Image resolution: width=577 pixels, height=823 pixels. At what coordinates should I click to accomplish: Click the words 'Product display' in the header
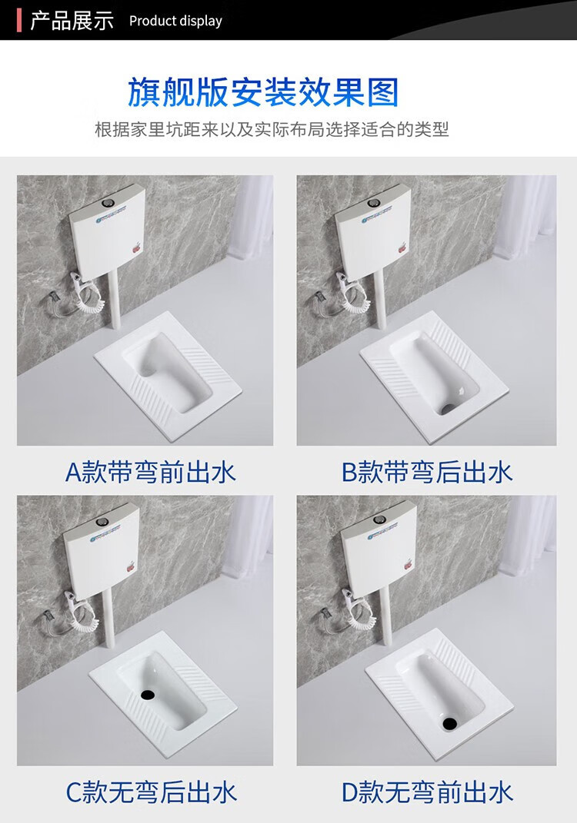[x=175, y=21]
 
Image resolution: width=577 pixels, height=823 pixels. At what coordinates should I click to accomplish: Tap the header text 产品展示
[x=72, y=21]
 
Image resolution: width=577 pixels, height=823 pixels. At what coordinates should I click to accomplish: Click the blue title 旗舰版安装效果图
[x=263, y=92]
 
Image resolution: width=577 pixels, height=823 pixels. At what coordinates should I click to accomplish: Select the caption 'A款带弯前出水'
[x=150, y=472]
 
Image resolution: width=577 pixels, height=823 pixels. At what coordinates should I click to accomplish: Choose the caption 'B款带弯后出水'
[x=427, y=472]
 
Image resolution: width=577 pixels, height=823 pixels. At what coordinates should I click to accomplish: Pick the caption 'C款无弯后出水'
[x=152, y=792]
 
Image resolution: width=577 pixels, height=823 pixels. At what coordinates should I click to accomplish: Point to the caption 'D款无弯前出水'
[x=427, y=792]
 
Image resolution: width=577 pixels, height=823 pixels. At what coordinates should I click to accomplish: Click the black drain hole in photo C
[x=148, y=694]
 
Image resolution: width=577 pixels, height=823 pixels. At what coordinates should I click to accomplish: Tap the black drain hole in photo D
[x=449, y=723]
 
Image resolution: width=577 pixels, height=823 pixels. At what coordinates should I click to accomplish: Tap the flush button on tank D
[x=379, y=520]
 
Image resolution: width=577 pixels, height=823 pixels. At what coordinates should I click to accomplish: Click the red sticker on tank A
[x=138, y=246]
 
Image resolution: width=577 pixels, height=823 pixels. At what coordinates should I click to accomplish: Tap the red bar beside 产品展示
[x=19, y=20]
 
